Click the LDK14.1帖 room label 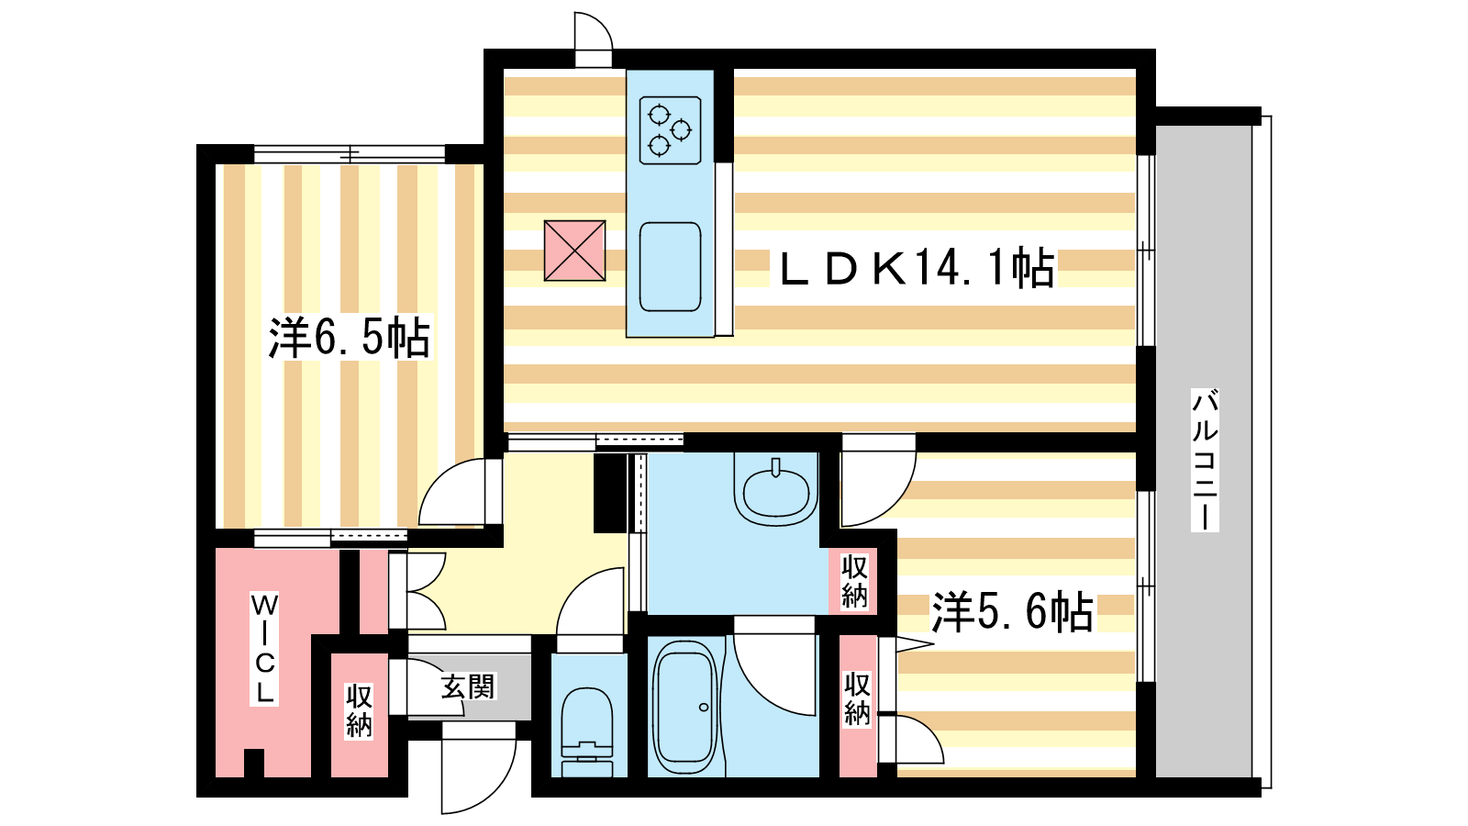coord(917,268)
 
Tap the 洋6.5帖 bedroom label coord(350,337)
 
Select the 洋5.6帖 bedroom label coord(1013,611)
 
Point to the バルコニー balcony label coord(1205,460)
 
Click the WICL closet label coord(264,648)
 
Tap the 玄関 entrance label coord(468,686)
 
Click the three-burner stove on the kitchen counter coord(670,129)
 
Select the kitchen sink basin coord(670,267)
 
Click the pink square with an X coord(574,251)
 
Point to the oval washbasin coord(776,493)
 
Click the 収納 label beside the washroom coord(854,581)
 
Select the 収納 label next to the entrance coord(359,710)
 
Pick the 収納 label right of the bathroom coord(857,698)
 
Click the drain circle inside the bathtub coord(703,708)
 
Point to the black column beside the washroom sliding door coord(610,493)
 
